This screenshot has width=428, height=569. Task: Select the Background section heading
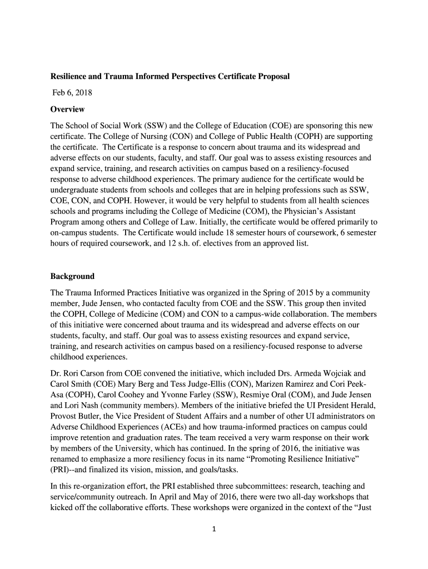(x=72, y=276)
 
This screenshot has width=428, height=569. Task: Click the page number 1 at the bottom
(x=213, y=528)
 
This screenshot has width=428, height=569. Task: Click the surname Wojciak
(x=340, y=374)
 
